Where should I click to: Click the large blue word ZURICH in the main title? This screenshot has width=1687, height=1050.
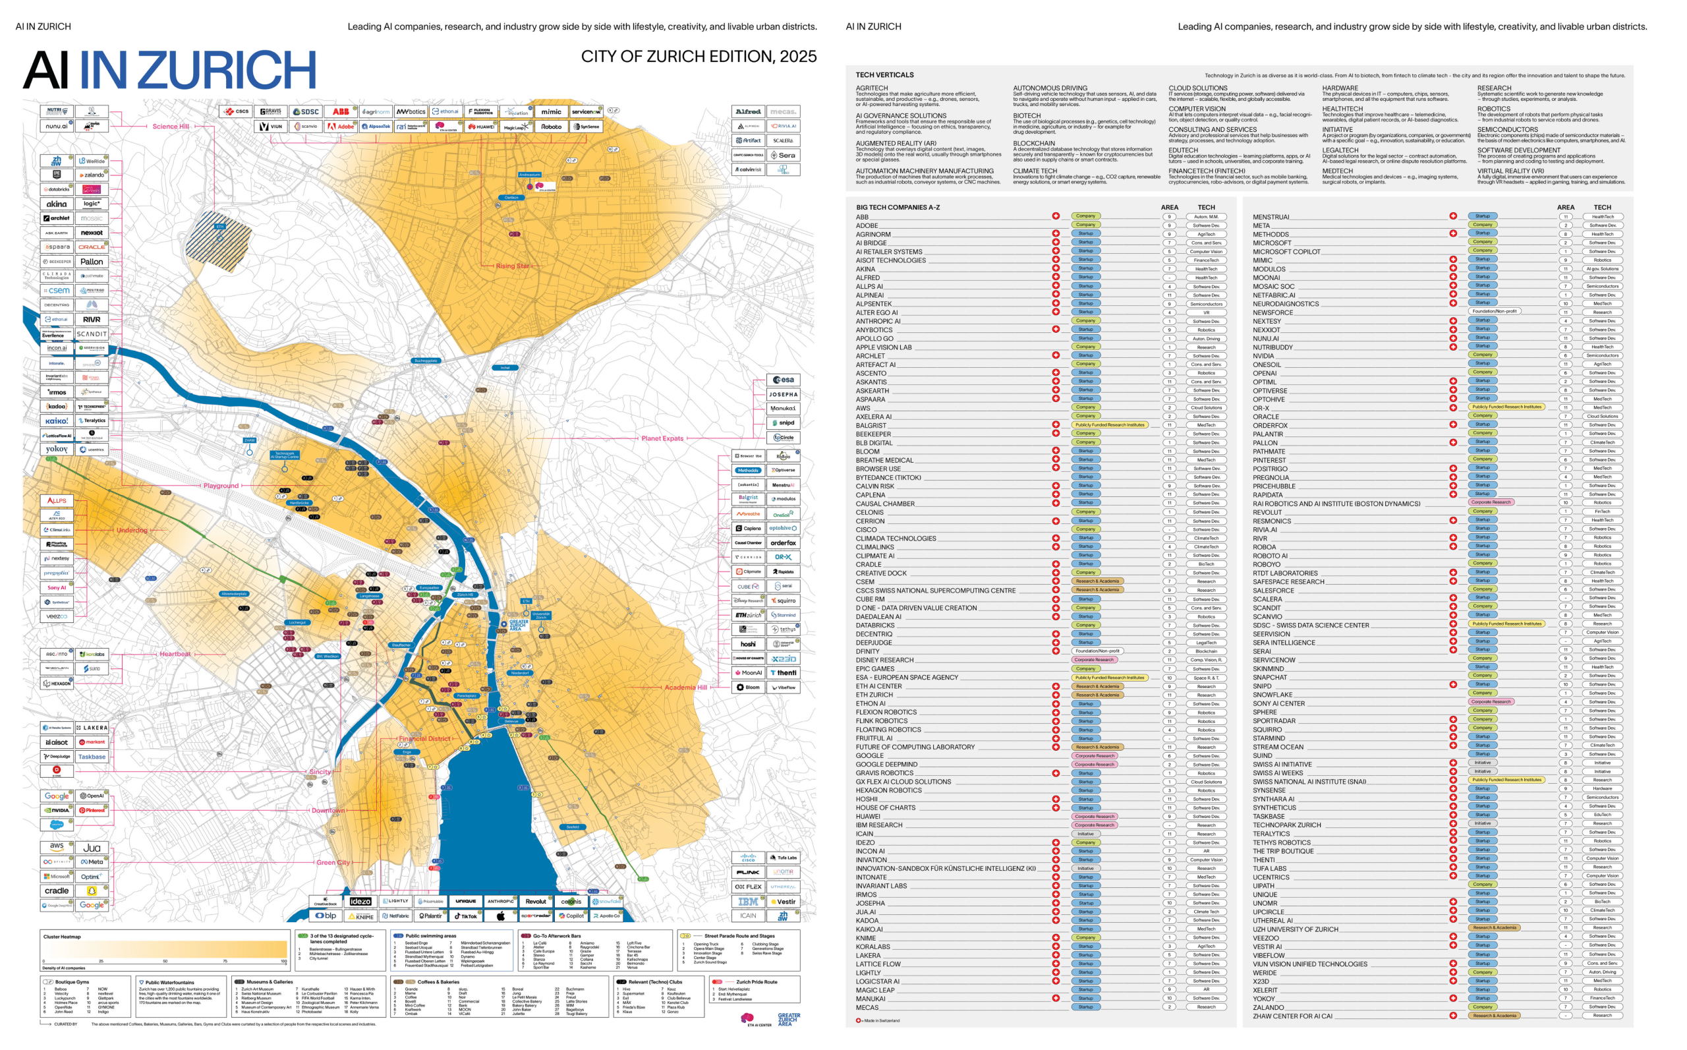point(232,70)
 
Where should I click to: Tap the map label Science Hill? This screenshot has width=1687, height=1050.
point(170,127)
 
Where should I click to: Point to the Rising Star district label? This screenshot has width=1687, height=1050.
point(512,266)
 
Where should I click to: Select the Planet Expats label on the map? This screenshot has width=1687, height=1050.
point(662,438)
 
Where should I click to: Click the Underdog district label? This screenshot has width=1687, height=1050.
point(132,530)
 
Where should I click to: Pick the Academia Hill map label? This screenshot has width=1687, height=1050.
point(685,687)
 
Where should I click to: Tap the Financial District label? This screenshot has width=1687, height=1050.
point(424,738)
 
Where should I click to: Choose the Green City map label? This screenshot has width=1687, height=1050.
point(333,863)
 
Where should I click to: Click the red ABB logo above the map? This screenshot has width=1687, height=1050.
point(340,111)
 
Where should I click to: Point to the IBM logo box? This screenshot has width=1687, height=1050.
point(748,902)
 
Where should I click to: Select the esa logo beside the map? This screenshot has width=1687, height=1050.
point(783,380)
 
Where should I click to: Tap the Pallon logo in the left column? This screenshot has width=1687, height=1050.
point(92,262)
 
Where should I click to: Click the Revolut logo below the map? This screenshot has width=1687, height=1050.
point(535,902)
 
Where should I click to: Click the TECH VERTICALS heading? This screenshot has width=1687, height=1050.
point(884,75)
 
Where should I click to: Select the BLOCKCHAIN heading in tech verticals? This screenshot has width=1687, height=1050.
point(1033,143)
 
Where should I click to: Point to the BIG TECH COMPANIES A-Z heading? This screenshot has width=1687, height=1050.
point(897,207)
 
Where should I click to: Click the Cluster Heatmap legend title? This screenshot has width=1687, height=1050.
point(62,937)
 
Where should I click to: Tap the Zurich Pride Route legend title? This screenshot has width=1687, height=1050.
point(756,982)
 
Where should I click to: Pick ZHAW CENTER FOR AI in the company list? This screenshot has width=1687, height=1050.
point(1292,1016)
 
